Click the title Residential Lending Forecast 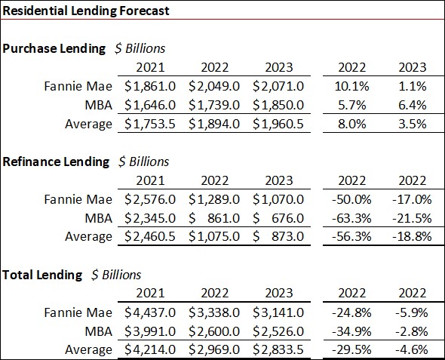(86, 11)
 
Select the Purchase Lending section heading (54, 48)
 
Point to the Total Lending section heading (42, 275)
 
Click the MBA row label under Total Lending (97, 331)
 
